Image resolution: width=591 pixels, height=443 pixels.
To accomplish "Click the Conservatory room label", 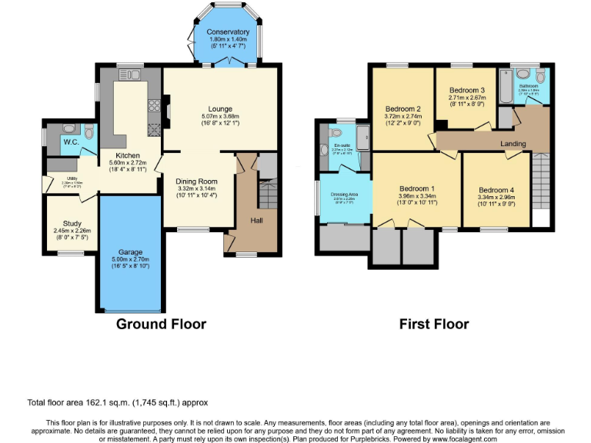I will pyautogui.click(x=228, y=32).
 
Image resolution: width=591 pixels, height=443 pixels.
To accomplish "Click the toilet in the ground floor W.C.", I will pyautogui.click(x=89, y=132).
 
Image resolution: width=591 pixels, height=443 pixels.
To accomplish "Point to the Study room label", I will pyautogui.click(x=72, y=223).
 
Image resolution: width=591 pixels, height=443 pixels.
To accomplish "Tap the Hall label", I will pyautogui.click(x=257, y=221).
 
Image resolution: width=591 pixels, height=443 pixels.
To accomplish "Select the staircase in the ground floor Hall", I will pyautogui.click(x=267, y=192).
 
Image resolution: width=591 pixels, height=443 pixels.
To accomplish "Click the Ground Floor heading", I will pyautogui.click(x=161, y=324).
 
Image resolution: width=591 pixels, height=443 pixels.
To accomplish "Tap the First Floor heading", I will pyautogui.click(x=433, y=324).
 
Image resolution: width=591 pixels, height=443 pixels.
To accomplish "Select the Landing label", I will pyautogui.click(x=513, y=144).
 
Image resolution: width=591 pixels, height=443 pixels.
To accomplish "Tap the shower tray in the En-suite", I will pyautogui.click(x=362, y=138).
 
